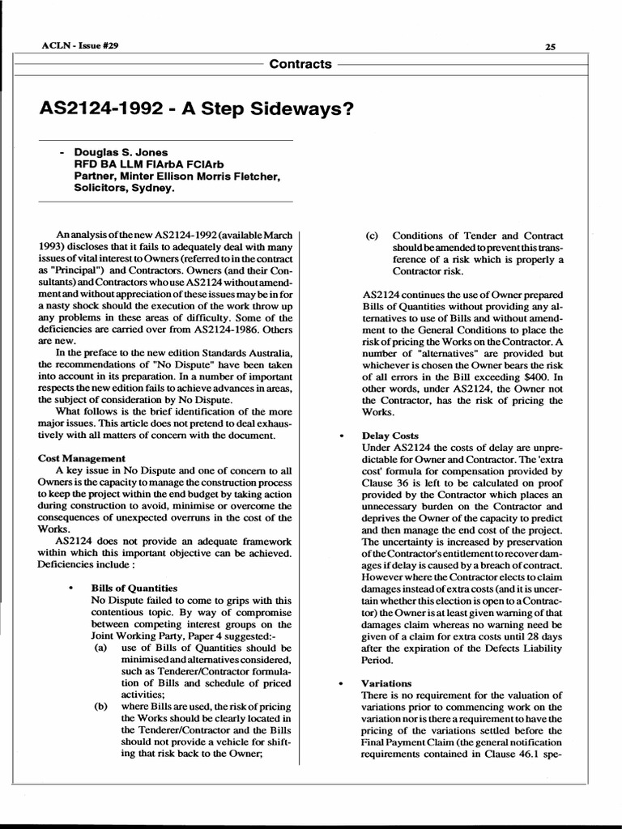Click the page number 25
(x=550, y=47)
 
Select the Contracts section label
(x=300, y=64)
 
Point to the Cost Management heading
(x=82, y=458)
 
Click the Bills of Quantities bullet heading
(x=134, y=588)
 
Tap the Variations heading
(x=386, y=683)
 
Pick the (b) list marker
(x=100, y=706)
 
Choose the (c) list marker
(x=372, y=236)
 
